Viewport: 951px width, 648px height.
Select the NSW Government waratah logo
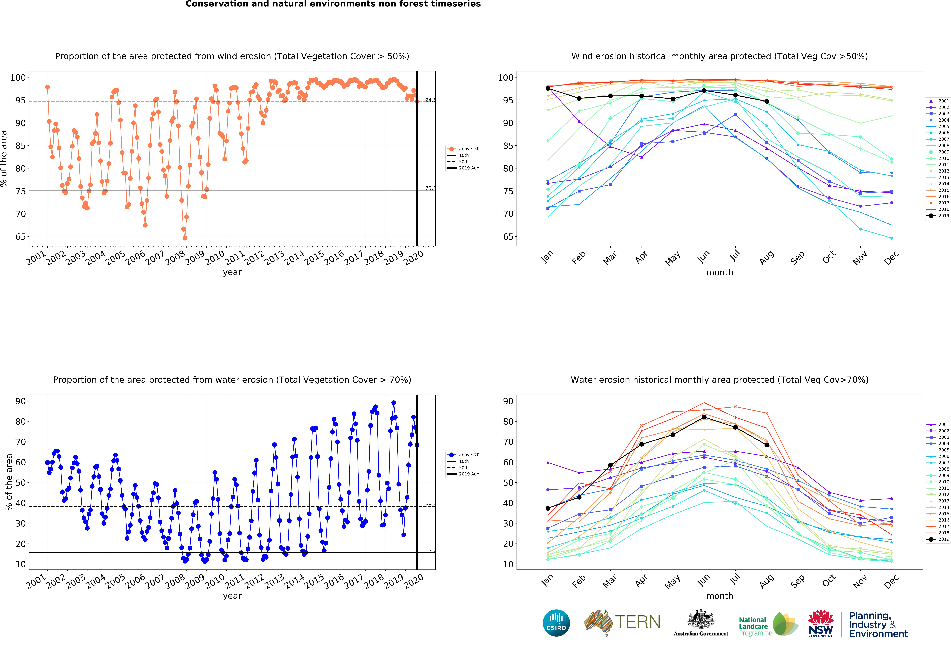point(820,623)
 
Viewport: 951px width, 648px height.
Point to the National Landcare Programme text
point(755,626)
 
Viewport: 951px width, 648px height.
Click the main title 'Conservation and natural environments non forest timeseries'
point(333,4)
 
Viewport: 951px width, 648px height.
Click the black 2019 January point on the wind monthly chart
point(548,88)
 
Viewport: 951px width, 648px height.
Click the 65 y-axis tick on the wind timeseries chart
point(20,237)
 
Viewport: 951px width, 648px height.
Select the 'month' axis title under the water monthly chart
point(720,596)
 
